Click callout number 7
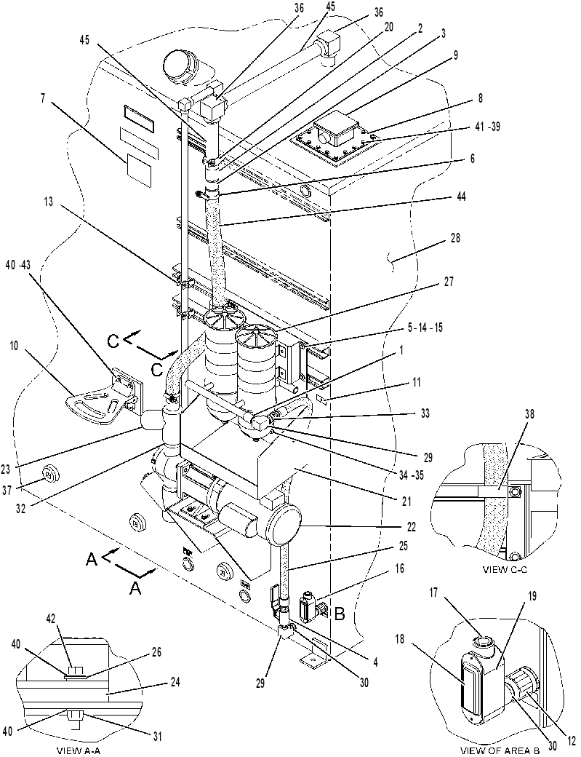click(44, 98)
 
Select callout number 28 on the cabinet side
click(454, 238)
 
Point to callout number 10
click(13, 346)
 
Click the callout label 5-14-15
click(425, 328)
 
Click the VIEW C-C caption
click(505, 570)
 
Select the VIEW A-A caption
click(79, 750)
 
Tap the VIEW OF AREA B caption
click(500, 750)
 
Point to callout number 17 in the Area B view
click(433, 592)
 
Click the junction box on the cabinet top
click(336, 130)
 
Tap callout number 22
click(411, 526)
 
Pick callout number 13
click(48, 201)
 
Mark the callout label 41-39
click(487, 127)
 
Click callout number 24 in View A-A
click(175, 682)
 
